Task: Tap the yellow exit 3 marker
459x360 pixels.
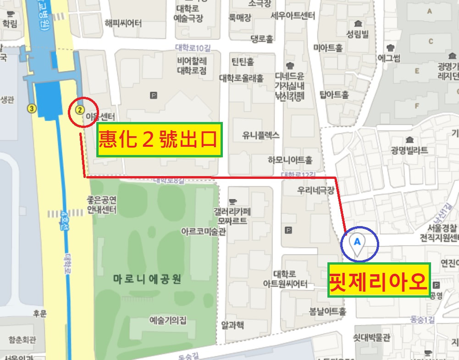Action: (31, 109)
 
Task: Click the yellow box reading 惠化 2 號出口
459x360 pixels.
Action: (159, 140)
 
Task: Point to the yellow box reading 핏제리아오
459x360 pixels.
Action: (379, 279)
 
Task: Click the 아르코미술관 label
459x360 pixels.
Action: (204, 232)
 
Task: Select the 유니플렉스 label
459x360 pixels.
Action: (260, 135)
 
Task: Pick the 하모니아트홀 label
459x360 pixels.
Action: (290, 160)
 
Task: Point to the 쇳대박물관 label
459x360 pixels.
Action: (371, 338)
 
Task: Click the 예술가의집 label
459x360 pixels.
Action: (168, 320)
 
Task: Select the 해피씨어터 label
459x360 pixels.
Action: (123, 23)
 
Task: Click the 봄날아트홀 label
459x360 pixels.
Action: (327, 311)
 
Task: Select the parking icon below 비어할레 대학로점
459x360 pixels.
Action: (154, 95)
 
